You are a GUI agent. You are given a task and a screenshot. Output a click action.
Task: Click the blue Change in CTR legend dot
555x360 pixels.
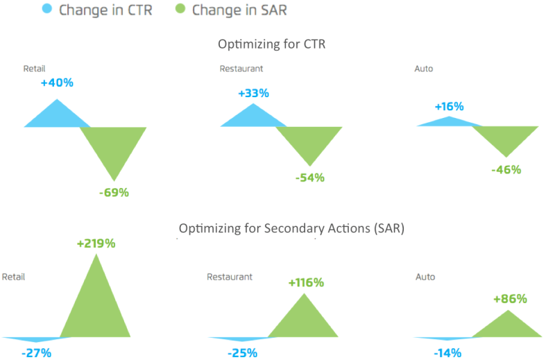pyautogui.click(x=46, y=8)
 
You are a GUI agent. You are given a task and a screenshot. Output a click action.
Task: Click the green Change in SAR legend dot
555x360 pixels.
pyautogui.click(x=180, y=8)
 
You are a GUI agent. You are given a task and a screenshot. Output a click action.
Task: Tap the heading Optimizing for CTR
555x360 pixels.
pyautogui.click(x=271, y=44)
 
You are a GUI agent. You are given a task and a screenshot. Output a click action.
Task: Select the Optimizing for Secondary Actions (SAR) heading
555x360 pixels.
pyautogui.click(x=291, y=228)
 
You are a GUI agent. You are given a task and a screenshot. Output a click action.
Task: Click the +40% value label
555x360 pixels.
pyautogui.click(x=57, y=83)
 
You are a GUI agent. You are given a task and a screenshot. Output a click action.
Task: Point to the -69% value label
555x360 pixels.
pyautogui.click(x=114, y=193)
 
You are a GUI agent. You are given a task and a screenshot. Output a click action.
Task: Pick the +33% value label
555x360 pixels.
pyautogui.click(x=253, y=94)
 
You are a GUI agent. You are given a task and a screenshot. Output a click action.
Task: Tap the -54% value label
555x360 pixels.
pyautogui.click(x=310, y=178)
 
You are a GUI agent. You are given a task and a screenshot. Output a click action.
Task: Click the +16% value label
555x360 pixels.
pyautogui.click(x=449, y=107)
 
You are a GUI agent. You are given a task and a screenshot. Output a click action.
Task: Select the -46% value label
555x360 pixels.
pyautogui.click(x=506, y=170)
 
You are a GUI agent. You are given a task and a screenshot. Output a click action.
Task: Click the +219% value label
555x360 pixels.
pyautogui.click(x=96, y=243)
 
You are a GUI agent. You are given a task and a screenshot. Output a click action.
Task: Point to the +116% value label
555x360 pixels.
pyautogui.click(x=306, y=282)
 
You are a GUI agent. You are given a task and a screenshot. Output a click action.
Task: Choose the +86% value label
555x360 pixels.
pyautogui.click(x=510, y=299)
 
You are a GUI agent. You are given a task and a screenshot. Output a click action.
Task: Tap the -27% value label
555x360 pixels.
pyautogui.click(x=37, y=353)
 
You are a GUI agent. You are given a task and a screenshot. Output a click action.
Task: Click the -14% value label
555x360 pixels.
pyautogui.click(x=447, y=353)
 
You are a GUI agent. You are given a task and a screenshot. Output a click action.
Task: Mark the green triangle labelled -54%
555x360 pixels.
pyautogui.click(x=309, y=140)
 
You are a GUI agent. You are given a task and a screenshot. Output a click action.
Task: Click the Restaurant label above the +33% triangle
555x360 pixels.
pyautogui.click(x=241, y=69)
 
